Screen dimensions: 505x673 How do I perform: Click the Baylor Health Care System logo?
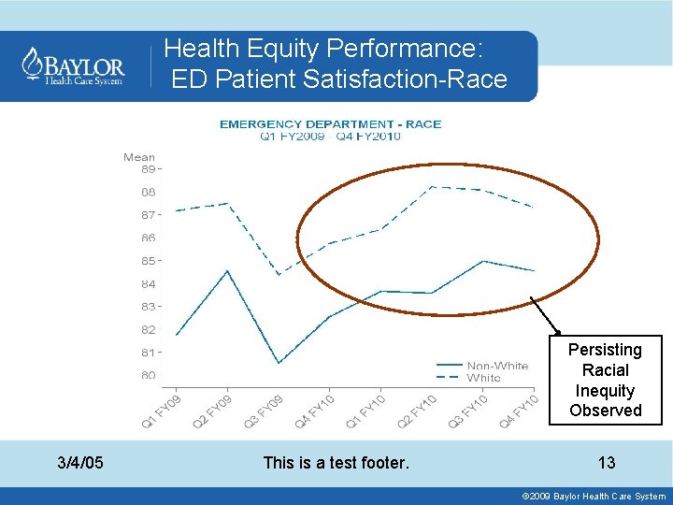[74, 66]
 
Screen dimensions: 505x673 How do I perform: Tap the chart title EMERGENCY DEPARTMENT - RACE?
[330, 123]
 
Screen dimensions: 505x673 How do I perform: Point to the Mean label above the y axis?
[139, 157]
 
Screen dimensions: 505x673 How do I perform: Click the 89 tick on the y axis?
[148, 169]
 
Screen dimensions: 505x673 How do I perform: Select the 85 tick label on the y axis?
[148, 260]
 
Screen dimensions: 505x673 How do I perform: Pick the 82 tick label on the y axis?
[148, 329]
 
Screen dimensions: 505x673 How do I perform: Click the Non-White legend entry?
[496, 366]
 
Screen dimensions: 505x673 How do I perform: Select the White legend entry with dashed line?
[483, 378]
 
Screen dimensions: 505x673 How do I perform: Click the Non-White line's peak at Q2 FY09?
[228, 270]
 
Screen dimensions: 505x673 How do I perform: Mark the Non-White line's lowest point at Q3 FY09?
[279, 363]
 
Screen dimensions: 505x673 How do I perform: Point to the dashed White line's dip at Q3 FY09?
[279, 274]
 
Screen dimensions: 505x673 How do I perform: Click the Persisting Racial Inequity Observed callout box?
[605, 380]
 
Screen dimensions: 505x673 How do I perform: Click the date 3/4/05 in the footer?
[80, 462]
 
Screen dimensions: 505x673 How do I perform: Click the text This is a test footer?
[336, 462]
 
